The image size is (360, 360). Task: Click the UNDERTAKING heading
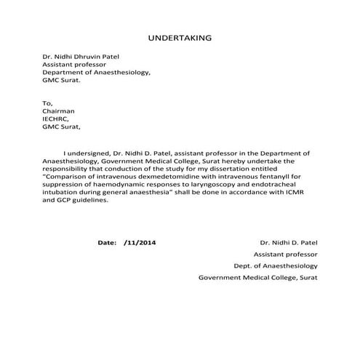click(180, 36)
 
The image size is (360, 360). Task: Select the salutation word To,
click(47, 103)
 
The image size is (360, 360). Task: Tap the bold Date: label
click(107, 241)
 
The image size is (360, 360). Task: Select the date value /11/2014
click(140, 241)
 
